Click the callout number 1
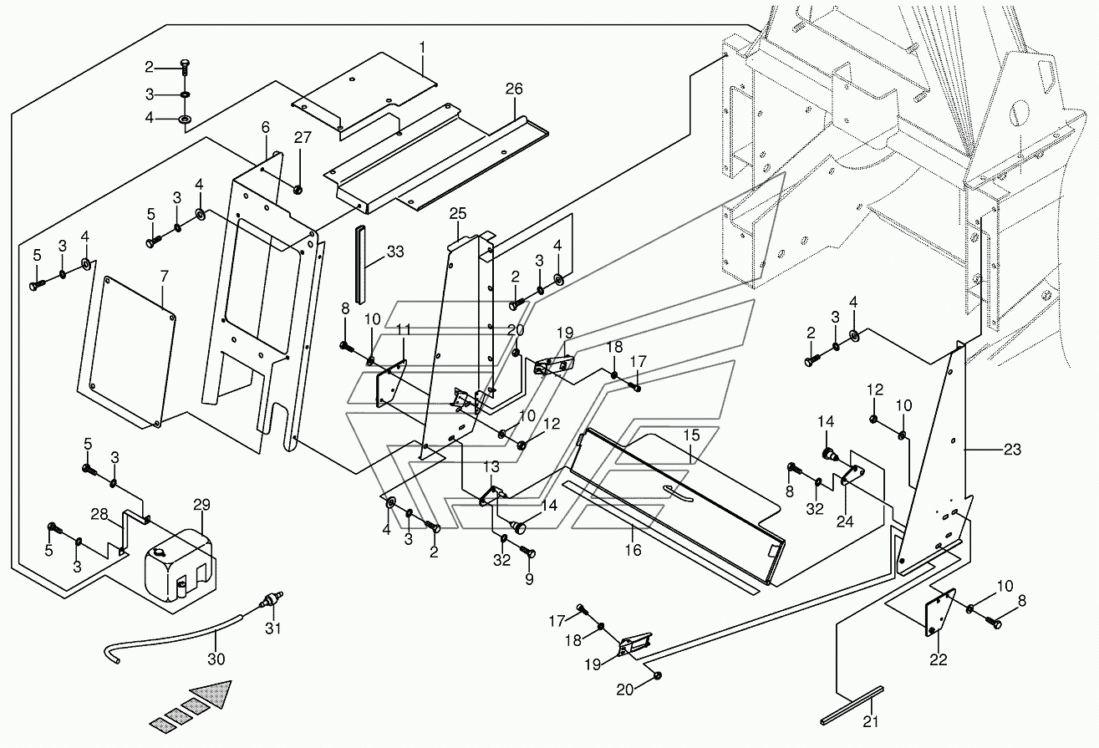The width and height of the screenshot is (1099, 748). [x=423, y=47]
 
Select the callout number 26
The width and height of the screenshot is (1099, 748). [x=514, y=89]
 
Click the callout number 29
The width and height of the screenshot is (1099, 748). [x=201, y=505]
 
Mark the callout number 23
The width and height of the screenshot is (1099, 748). [x=1012, y=450]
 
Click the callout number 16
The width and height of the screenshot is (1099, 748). [x=633, y=549]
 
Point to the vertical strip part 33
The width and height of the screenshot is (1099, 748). [x=362, y=263]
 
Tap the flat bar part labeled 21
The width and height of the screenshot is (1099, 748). [x=852, y=705]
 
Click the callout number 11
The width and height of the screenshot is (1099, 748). [x=403, y=331]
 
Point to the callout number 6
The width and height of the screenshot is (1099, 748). [x=266, y=127]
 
